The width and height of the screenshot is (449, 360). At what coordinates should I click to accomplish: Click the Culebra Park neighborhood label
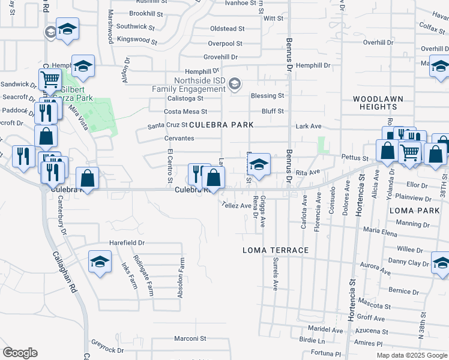221,125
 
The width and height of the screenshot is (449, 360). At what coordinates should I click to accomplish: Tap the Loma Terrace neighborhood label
276,250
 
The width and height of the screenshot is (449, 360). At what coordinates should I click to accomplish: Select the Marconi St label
190,338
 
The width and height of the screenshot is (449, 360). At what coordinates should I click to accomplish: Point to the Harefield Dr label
127,243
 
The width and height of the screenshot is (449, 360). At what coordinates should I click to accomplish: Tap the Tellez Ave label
236,205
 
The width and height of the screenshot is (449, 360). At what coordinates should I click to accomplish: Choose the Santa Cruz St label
168,125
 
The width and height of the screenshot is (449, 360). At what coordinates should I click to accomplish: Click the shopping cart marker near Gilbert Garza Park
50,79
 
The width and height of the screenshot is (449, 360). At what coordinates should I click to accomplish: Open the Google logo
20,353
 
